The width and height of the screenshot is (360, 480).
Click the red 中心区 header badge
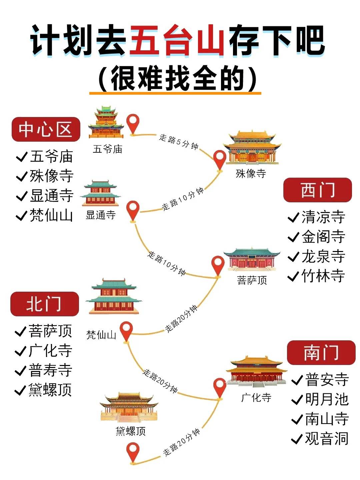(46, 129)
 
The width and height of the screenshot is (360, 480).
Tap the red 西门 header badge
(318, 190)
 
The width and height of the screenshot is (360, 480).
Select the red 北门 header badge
(45, 304)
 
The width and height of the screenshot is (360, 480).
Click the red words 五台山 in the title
(177, 40)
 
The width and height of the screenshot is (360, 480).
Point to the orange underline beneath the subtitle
(175, 93)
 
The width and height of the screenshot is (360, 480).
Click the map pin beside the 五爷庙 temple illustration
(133, 125)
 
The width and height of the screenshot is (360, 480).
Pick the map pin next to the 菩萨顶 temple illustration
(218, 267)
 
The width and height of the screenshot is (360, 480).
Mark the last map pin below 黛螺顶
(133, 453)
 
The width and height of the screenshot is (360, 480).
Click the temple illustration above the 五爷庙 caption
(106, 122)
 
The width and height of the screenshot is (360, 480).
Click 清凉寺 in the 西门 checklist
(323, 217)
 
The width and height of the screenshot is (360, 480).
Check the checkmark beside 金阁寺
(293, 237)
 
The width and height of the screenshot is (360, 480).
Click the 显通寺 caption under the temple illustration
(101, 215)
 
